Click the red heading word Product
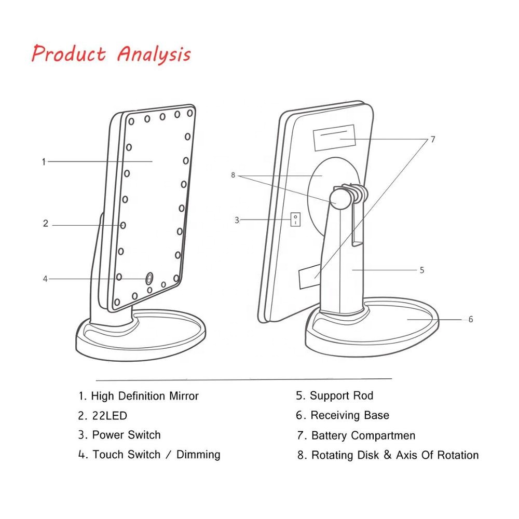click(69, 53)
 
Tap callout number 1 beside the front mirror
click(44, 161)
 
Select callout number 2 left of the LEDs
click(46, 224)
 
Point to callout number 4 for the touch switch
click(45, 279)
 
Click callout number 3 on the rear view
click(237, 220)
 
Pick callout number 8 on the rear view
click(233, 175)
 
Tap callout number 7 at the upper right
click(432, 139)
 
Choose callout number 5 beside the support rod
click(422, 270)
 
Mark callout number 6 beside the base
click(471, 319)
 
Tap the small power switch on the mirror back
click(295, 219)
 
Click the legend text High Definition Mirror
click(144, 396)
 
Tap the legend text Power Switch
click(126, 435)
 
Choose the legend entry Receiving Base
click(349, 415)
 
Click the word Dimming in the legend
click(198, 455)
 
